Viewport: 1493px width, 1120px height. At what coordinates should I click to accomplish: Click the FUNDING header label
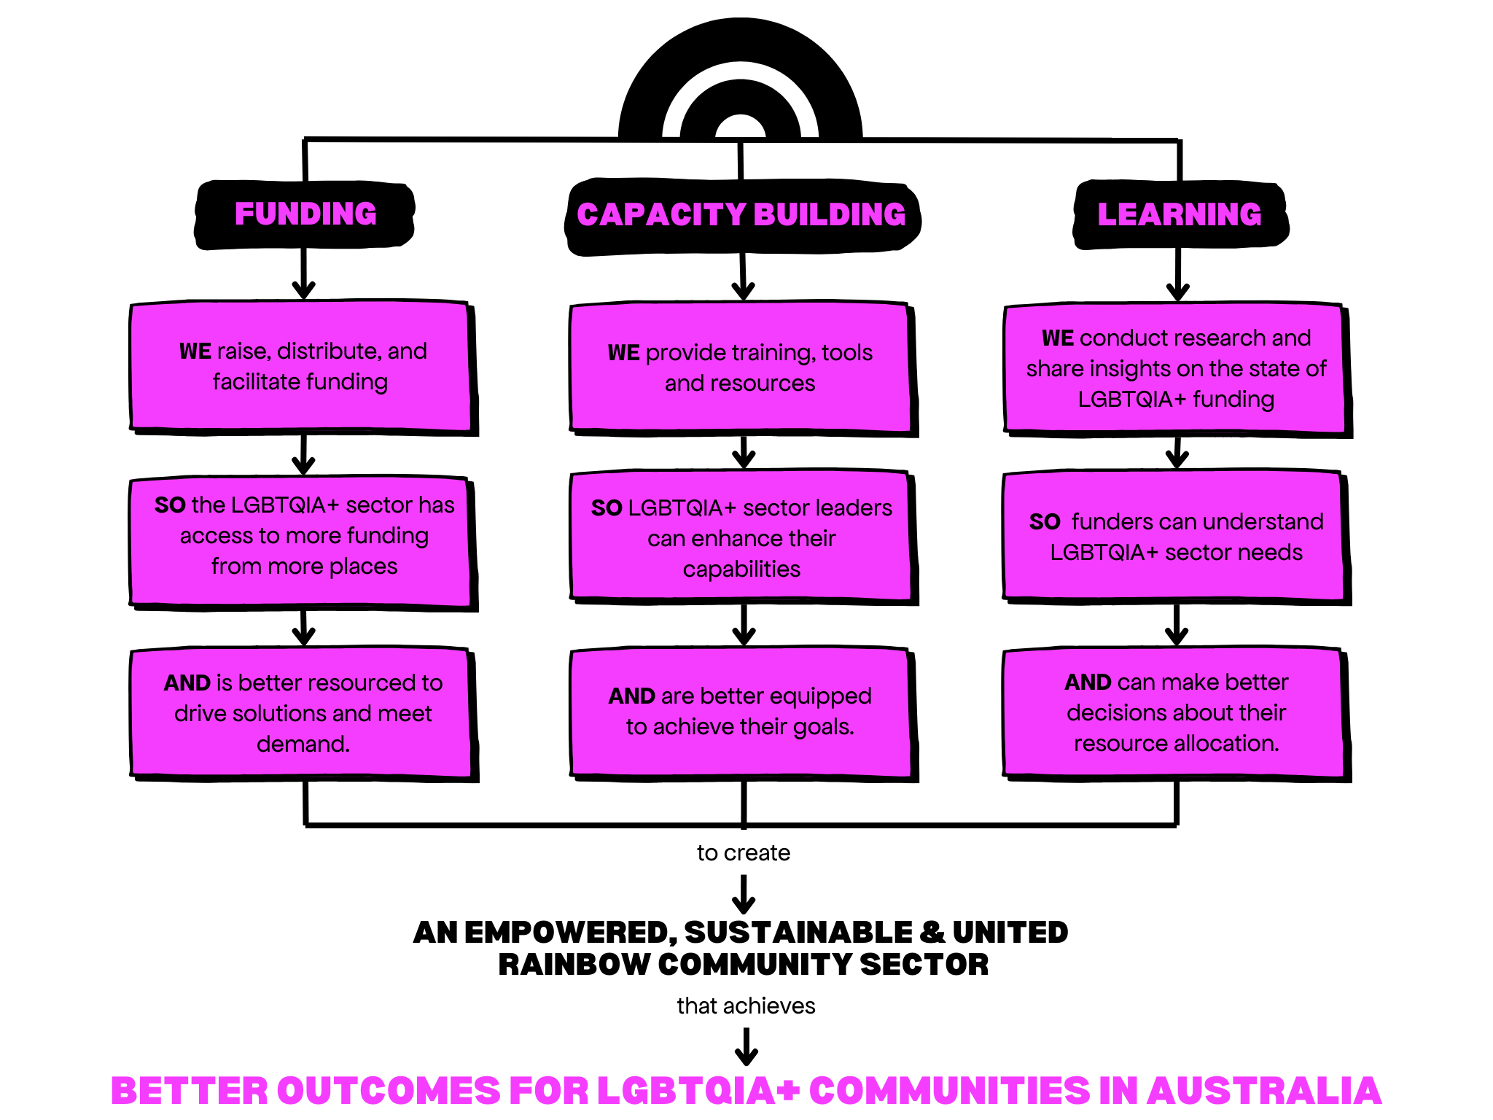305,214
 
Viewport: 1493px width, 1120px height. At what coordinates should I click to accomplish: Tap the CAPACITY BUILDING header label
741,216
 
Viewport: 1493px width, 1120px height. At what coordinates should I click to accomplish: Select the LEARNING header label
1179,214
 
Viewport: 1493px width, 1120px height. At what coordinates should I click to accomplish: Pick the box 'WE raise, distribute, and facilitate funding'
303,367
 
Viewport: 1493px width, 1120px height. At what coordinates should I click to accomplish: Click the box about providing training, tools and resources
740,368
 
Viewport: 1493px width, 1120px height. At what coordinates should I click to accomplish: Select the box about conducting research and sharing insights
1176,369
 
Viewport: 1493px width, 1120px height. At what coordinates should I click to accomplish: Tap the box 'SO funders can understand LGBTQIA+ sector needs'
1175,537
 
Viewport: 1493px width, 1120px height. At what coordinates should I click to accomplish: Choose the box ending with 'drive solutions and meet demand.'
303,713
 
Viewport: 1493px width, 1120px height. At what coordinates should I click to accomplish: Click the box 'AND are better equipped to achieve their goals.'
740,712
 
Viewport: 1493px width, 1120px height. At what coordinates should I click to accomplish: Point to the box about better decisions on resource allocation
1175,712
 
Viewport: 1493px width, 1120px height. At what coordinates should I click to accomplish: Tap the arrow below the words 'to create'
744,895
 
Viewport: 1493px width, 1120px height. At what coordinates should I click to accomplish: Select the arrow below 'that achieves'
746,1047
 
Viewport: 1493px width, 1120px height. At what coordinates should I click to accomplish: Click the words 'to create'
743,852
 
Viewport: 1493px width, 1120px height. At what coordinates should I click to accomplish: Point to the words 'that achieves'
745,1006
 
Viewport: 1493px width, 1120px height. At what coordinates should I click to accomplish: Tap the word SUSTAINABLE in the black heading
798,933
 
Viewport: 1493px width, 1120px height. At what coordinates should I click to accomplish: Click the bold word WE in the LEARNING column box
1057,338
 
